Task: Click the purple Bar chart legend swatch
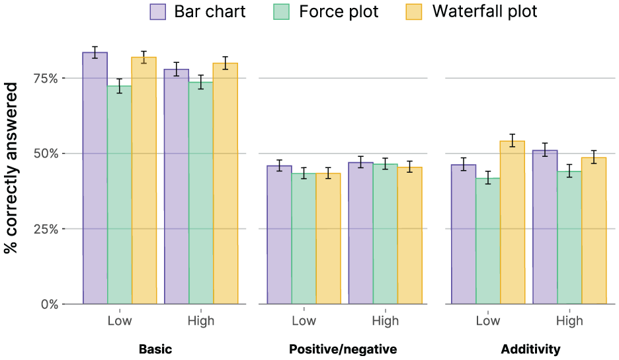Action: click(157, 12)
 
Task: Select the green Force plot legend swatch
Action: click(281, 12)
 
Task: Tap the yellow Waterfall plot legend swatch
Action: click(414, 12)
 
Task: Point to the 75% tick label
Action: click(46, 79)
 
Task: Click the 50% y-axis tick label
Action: click(46, 154)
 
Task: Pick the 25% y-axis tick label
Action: click(46, 229)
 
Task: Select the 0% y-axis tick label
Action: click(50, 304)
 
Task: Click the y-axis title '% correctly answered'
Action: click(11, 167)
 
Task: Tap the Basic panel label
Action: click(155, 349)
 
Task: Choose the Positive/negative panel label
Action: click(343, 349)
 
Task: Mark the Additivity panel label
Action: click(530, 349)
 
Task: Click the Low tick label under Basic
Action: click(120, 320)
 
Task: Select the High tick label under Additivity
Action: click(569, 320)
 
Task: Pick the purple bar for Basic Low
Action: click(95, 178)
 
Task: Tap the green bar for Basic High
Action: click(201, 193)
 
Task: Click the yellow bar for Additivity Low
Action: click(513, 222)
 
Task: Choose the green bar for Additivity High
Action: click(569, 238)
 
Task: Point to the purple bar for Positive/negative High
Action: click(361, 233)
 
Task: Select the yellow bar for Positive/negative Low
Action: click(328, 239)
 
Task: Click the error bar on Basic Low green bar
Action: click(120, 86)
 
